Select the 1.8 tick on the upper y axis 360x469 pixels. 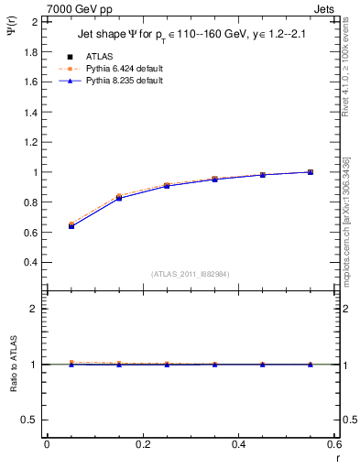tap(31, 51)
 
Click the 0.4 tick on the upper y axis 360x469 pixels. tap(31, 262)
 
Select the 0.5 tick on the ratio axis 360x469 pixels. tap(31, 420)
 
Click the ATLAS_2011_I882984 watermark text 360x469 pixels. tap(190, 274)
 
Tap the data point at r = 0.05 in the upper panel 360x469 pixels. tap(71, 225)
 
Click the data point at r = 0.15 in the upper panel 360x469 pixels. tap(119, 198)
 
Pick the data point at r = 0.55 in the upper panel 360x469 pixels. tap(311, 172)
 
